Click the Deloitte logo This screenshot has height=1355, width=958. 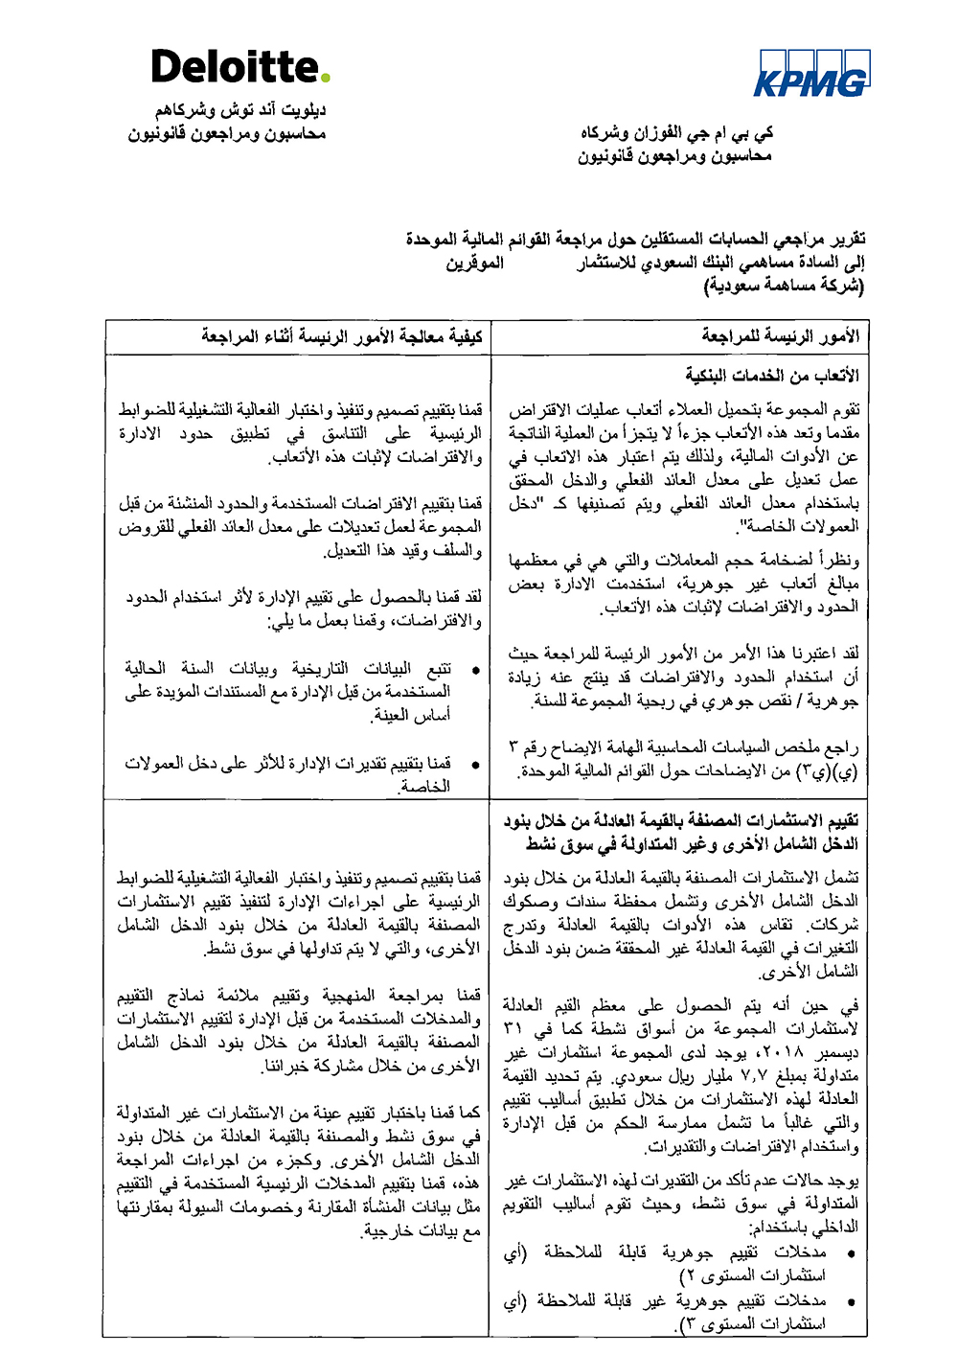coord(239,67)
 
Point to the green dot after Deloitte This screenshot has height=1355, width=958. coord(326,77)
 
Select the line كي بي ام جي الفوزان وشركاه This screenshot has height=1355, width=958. coord(676,133)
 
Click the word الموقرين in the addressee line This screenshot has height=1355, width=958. coord(474,263)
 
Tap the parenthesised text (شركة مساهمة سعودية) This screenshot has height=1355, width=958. coord(784,286)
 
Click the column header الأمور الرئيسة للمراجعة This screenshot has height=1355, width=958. coord(780,336)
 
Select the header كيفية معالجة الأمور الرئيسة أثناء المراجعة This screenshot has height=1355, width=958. coord(342,336)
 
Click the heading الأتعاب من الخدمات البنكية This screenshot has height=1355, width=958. coord(772,375)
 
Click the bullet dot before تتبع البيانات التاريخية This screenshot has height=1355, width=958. coord(475,670)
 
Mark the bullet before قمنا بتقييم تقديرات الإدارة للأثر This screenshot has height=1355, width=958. coord(475,765)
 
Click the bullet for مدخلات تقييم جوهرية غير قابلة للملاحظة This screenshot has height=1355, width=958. coord(850,1302)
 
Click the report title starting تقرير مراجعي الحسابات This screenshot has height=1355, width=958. coord(635,239)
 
